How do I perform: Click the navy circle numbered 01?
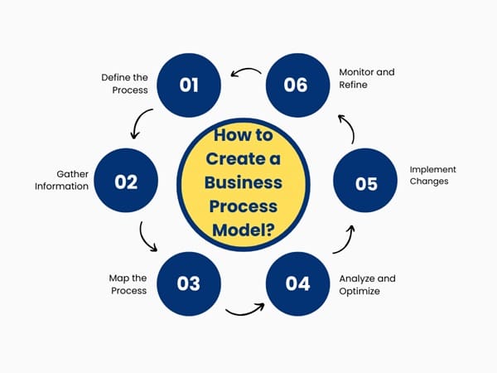pyautogui.click(x=189, y=85)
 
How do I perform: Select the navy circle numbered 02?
pyautogui.click(x=126, y=182)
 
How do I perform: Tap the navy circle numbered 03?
pyautogui.click(x=189, y=283)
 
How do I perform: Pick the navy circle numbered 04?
pyautogui.click(x=297, y=283)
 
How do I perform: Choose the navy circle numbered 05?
pyautogui.click(x=366, y=183)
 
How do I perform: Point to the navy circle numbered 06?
pyautogui.click(x=295, y=85)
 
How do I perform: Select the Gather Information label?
pyautogui.click(x=61, y=180)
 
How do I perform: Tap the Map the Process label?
pyautogui.click(x=128, y=284)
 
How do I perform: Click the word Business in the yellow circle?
pyautogui.click(x=244, y=182)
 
